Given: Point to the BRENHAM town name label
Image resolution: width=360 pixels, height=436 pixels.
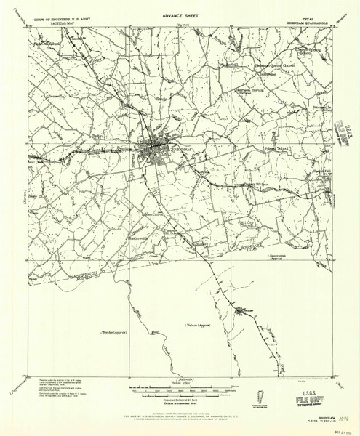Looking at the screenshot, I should (x=180, y=150).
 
